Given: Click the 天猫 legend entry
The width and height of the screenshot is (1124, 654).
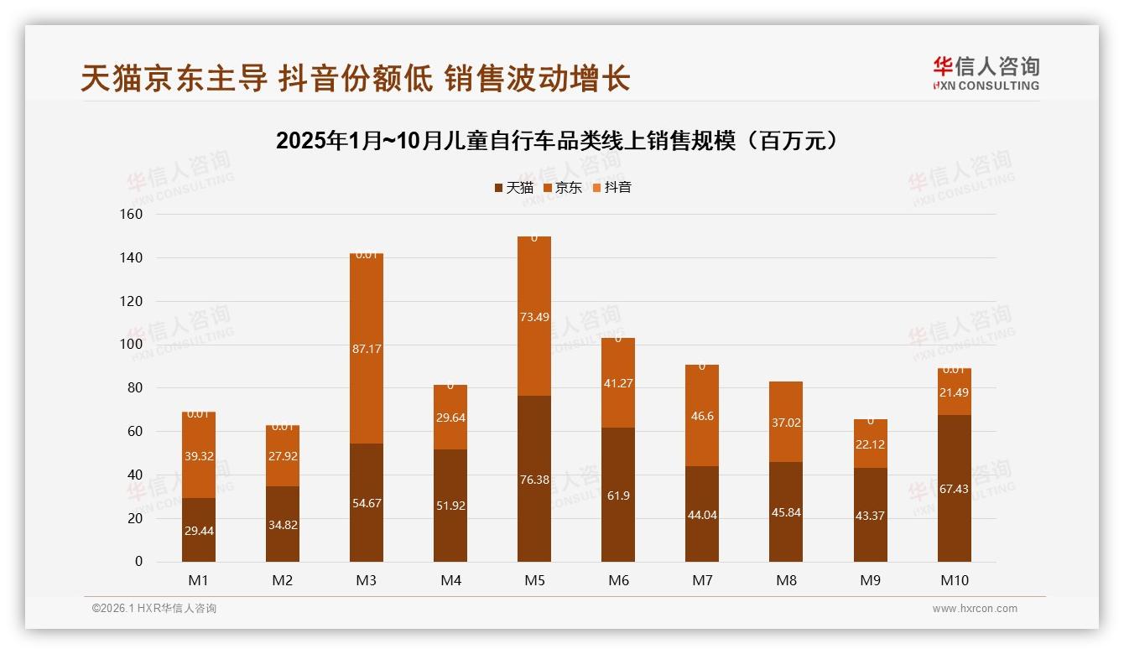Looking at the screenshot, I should (x=513, y=188).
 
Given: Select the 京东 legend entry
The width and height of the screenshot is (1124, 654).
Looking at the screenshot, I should (x=562, y=188).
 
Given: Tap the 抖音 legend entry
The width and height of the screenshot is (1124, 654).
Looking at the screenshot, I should (x=611, y=188).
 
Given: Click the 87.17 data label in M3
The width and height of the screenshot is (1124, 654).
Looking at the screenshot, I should (x=367, y=348).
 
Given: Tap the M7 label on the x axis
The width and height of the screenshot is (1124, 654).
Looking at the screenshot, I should (x=702, y=580).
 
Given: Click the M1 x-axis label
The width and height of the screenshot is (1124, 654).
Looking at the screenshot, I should (x=199, y=580).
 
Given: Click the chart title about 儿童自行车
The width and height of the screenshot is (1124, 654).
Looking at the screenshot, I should (x=557, y=141).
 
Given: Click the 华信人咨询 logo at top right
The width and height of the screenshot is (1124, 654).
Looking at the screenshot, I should (x=986, y=74).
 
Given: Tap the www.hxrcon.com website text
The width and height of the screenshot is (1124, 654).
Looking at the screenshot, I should (x=975, y=609).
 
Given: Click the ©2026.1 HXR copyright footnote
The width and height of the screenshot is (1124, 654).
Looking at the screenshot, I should (x=154, y=609).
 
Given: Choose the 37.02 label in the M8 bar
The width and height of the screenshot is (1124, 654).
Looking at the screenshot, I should (x=786, y=423).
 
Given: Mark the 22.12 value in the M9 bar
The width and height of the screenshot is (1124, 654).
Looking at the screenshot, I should (x=870, y=444).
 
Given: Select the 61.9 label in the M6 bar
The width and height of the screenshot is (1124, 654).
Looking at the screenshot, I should (x=618, y=496).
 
